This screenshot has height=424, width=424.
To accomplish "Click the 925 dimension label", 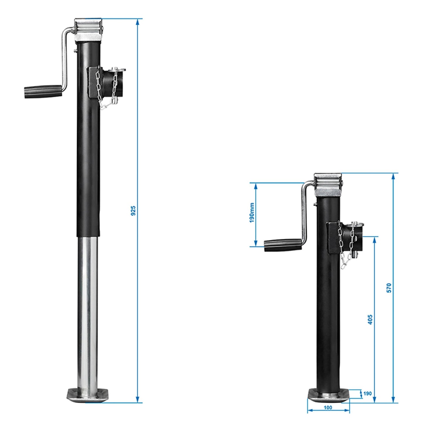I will point(133,211).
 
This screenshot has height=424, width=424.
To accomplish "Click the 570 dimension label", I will point(389,288).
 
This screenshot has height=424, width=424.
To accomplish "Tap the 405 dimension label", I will point(370,320).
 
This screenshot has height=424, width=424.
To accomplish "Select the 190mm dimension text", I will point(252,213).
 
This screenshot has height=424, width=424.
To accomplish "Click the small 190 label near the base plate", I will point(367,393).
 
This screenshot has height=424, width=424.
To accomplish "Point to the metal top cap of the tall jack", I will point(88,29).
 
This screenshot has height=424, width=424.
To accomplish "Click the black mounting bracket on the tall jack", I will point(93,82).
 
